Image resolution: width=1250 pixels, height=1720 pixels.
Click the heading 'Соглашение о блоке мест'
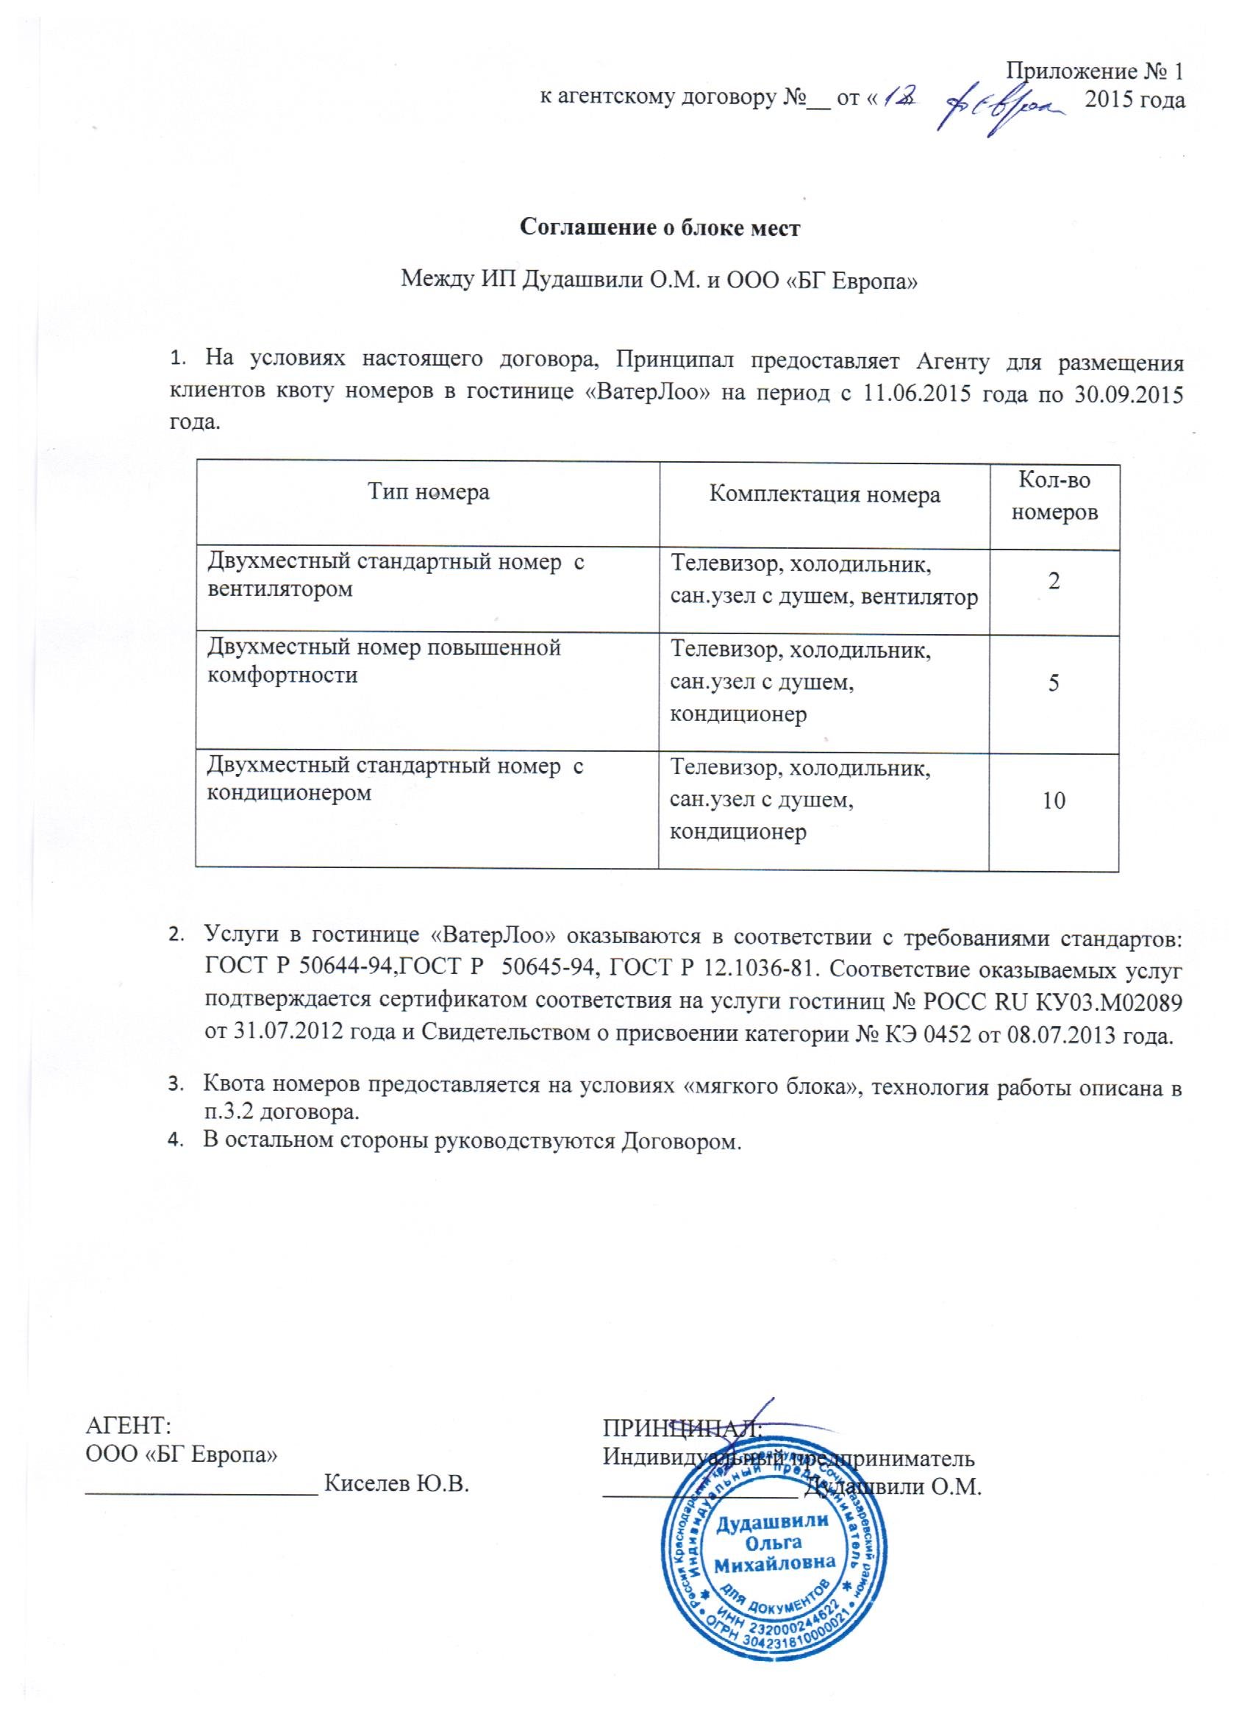point(659,227)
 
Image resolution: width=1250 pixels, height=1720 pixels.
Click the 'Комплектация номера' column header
point(824,495)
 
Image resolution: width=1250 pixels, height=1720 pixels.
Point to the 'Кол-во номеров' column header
point(1054,495)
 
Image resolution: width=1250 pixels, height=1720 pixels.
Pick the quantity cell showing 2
point(1054,581)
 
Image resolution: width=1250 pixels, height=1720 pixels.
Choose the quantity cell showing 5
point(1054,683)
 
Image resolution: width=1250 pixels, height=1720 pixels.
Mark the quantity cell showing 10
point(1054,800)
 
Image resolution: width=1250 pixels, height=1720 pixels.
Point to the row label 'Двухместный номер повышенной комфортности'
point(385,661)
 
